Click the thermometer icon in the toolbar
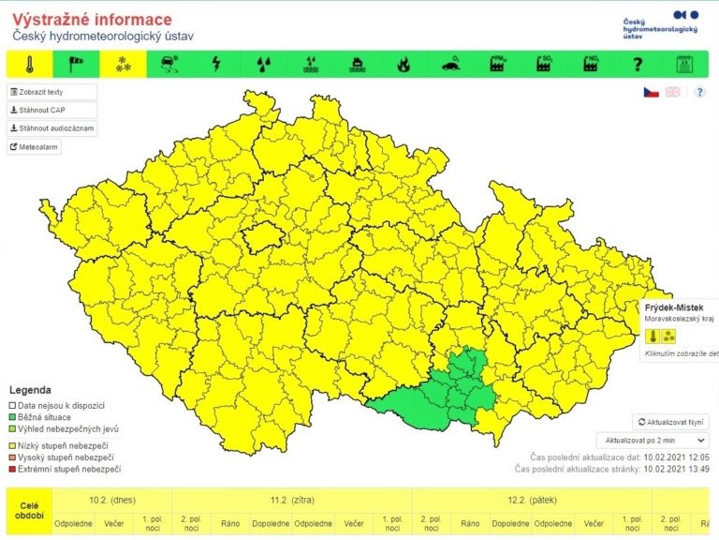(x=30, y=64)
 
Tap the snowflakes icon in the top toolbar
(x=122, y=64)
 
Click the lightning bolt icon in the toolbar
(x=216, y=64)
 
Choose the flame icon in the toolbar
(x=404, y=64)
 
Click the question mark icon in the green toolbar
(x=638, y=64)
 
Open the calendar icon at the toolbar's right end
(x=684, y=64)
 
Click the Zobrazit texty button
(x=52, y=92)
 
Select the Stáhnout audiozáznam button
(x=52, y=128)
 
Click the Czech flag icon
(x=651, y=92)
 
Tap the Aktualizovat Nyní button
(x=670, y=422)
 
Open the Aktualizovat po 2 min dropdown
(x=652, y=439)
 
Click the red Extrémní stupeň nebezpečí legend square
(x=13, y=469)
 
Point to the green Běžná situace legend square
(x=13, y=416)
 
